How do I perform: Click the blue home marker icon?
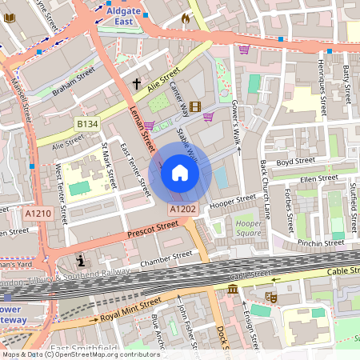180,173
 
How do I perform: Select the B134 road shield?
87,124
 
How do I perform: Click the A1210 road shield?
38,214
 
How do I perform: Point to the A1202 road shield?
182,209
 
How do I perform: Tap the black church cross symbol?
137,83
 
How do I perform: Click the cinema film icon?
196,106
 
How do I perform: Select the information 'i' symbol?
81,261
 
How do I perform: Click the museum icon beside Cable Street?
232,288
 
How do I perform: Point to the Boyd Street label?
292,162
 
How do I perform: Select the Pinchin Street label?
320,242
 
